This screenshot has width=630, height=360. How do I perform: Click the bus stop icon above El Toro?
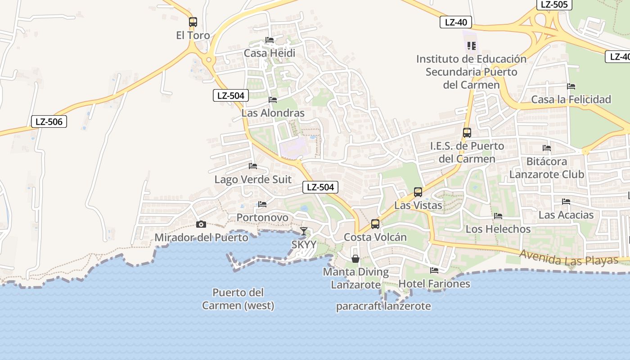[193, 22]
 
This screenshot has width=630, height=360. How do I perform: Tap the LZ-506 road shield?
[49, 121]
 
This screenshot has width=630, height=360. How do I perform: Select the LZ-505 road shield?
[554, 4]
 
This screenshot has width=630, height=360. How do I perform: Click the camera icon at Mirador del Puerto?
[201, 224]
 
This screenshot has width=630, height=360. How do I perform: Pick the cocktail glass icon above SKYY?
[304, 231]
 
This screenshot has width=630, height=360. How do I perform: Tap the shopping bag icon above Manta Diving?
[355, 259]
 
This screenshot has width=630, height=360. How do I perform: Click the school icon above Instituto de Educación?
[471, 45]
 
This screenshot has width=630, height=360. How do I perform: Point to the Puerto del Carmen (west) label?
[238, 299]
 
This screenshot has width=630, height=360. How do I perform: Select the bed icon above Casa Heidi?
[270, 40]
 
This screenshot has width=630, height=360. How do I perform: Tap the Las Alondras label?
[273, 113]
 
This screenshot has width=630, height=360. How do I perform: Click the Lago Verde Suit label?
[253, 180]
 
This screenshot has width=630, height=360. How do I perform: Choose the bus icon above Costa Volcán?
[375, 224]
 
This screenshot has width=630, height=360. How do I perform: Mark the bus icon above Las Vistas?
[418, 192]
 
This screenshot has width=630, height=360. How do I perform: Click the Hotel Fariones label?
[434, 284]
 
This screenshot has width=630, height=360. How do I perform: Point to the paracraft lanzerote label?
[383, 306]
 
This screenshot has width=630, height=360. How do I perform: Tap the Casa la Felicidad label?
[571, 99]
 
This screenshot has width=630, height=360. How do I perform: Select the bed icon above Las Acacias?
[566, 202]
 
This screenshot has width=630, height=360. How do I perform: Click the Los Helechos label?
[498, 229]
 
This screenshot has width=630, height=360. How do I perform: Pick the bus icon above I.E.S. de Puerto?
[467, 133]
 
